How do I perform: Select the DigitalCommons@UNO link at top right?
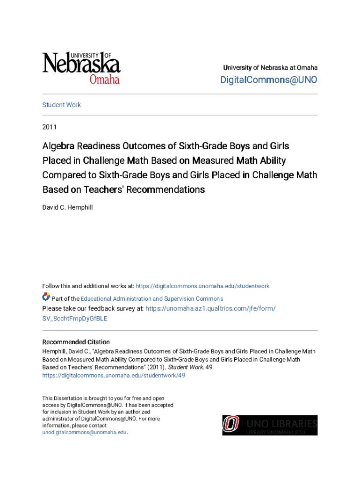tap(268, 80)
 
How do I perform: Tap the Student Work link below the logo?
tap(61, 105)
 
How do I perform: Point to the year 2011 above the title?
tap(49, 127)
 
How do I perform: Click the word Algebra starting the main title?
tap(58, 146)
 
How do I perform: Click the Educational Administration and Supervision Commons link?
tap(152, 298)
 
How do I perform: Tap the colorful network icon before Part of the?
tap(46, 297)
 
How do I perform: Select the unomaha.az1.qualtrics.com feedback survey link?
tap(210, 309)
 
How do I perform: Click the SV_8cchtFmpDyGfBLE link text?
tap(75, 319)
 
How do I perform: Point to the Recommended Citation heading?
tap(76, 342)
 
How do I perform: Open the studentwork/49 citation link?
tap(114, 375)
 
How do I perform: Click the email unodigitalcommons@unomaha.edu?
tap(84, 432)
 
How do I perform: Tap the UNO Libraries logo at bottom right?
tap(270, 425)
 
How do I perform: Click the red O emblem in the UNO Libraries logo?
tap(230, 425)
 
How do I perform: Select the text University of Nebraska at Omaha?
tap(270, 68)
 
